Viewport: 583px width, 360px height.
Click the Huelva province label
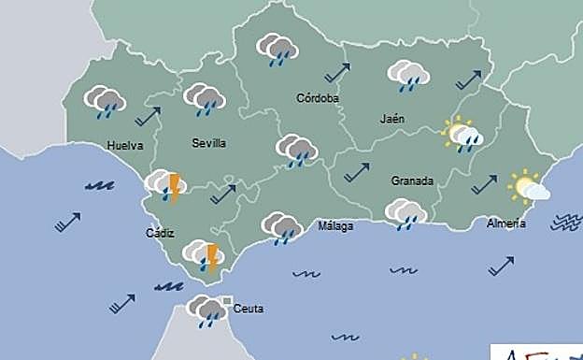click(x=124, y=146)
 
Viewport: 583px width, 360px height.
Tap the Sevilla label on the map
click(x=208, y=143)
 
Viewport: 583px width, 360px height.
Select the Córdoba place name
click(x=317, y=98)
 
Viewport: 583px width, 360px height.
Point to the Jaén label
click(x=393, y=119)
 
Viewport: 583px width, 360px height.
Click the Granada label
click(x=412, y=180)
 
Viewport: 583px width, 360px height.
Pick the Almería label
click(x=505, y=223)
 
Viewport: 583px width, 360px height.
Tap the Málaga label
click(x=335, y=225)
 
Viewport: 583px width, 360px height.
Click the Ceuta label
click(x=249, y=309)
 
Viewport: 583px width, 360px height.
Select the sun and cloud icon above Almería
click(x=528, y=188)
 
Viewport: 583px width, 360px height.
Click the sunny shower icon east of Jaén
click(x=462, y=136)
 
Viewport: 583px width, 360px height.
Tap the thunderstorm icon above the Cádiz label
click(x=165, y=186)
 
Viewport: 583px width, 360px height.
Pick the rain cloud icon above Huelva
click(x=105, y=101)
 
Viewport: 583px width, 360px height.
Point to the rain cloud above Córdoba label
click(x=277, y=49)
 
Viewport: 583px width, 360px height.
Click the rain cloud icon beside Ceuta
click(x=207, y=310)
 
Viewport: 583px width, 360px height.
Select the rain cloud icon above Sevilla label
click(x=205, y=99)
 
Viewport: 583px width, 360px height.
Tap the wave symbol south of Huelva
click(x=99, y=186)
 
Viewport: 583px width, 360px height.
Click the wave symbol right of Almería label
click(x=565, y=223)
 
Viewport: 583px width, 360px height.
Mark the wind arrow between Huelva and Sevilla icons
click(x=148, y=116)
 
